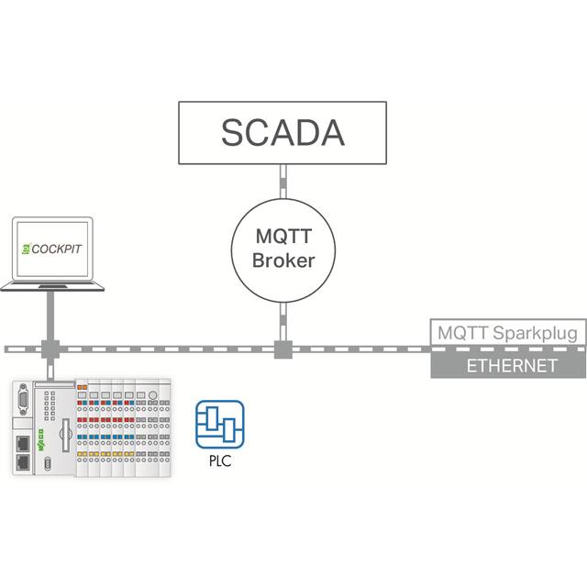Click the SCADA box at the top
(282, 132)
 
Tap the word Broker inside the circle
(283, 260)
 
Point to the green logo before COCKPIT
(27, 249)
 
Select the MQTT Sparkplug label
(507, 332)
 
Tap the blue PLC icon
(220, 424)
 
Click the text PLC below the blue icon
(220, 460)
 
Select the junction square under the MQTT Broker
(283, 349)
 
